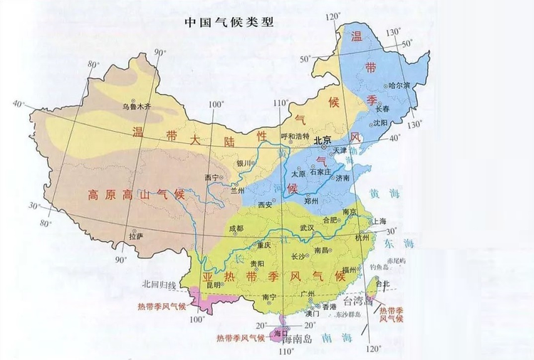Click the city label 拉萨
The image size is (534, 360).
[135, 235]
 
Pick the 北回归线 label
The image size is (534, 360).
[159, 285]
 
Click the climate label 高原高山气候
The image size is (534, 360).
[135, 194]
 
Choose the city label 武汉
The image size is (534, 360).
[306, 228]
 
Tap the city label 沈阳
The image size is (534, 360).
[399, 123]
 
